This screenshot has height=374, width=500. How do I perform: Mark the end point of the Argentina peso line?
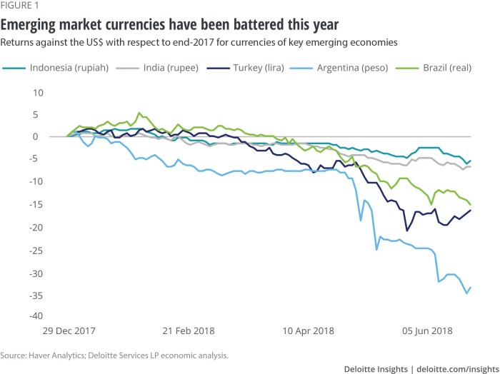point(471,287)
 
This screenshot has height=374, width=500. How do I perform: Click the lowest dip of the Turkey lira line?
point(407,231)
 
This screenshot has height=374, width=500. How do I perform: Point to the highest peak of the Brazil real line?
point(139,113)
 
